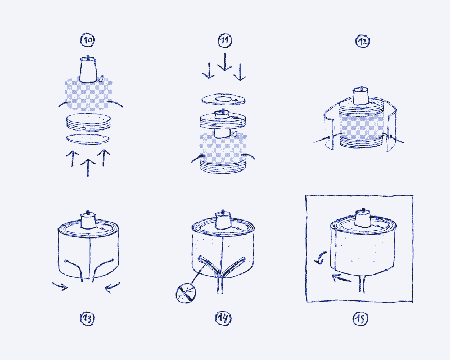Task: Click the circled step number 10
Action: (88, 40)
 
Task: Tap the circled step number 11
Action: (225, 40)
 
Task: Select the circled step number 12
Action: (362, 40)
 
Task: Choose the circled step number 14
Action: (223, 318)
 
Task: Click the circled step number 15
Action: (361, 319)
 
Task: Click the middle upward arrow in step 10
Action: (87, 166)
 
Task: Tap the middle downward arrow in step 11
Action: (225, 62)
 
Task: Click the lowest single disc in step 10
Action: (87, 138)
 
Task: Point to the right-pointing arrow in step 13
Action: (59, 287)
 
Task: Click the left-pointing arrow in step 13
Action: (112, 287)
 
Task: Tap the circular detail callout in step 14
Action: (185, 292)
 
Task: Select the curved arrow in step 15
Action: (320, 258)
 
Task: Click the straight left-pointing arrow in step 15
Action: (341, 277)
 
